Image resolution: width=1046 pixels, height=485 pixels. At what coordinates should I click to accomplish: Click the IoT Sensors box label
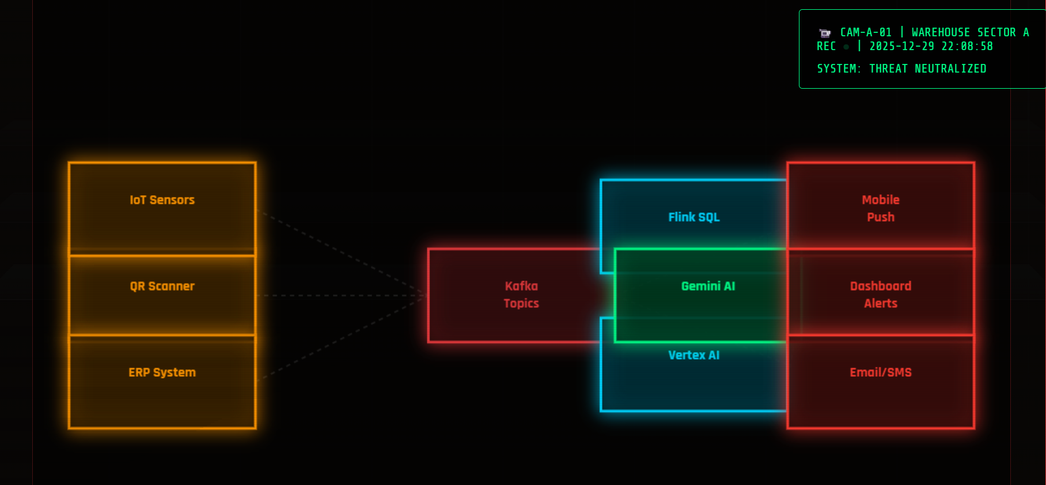click(x=162, y=200)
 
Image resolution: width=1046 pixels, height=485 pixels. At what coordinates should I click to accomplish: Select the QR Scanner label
click(x=162, y=286)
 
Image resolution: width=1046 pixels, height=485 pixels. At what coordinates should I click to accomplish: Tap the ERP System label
click(x=162, y=373)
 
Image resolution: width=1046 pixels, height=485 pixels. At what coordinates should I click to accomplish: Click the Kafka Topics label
click(x=521, y=294)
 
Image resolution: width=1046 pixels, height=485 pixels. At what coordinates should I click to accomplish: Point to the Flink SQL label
click(x=693, y=217)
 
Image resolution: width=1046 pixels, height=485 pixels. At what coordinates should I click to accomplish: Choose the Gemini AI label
click(x=708, y=286)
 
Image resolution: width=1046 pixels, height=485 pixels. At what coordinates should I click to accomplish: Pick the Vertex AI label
click(x=693, y=355)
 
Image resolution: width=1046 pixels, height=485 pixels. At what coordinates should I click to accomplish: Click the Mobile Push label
click(x=881, y=209)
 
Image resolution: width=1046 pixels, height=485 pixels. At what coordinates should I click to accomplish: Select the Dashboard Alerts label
click(x=881, y=294)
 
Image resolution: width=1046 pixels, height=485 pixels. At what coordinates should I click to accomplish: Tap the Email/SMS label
click(x=881, y=373)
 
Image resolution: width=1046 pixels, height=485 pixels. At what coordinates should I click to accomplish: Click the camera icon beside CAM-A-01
click(x=825, y=33)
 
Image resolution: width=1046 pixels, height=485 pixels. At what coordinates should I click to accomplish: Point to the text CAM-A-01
click(x=866, y=32)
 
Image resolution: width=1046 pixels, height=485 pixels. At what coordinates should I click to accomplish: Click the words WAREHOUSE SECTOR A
click(x=970, y=32)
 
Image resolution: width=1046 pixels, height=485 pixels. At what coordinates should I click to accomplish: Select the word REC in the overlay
click(x=826, y=46)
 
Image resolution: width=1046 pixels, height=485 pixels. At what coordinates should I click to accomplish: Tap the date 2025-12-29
click(x=901, y=46)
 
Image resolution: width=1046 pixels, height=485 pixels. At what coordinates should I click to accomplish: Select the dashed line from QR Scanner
click(x=340, y=295)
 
